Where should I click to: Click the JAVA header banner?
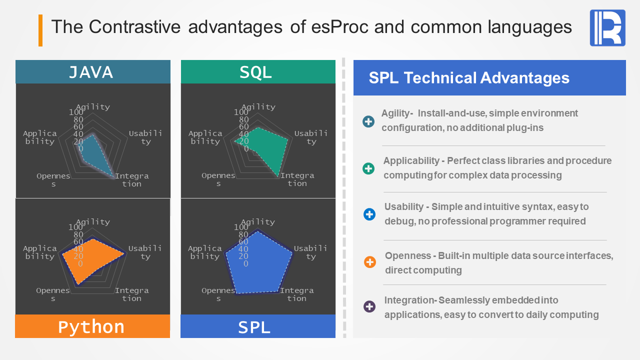93,71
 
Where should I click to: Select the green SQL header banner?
258,71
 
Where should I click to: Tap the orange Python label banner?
92,326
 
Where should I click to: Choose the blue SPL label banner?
258,326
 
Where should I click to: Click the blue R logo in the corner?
607,28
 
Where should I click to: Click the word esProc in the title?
340,27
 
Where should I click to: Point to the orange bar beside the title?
40,30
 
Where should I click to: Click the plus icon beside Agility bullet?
368,121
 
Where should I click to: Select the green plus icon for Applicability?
368,168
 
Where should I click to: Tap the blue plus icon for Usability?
369,214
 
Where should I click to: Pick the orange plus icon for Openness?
370,262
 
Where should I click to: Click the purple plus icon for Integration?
369,306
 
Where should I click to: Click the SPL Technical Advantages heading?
469,77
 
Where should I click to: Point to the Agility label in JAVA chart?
93,107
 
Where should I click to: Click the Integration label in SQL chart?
297,179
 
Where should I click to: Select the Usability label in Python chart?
145,252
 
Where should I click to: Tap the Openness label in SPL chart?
218,294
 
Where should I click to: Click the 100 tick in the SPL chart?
241,227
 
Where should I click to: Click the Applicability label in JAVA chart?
39,137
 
